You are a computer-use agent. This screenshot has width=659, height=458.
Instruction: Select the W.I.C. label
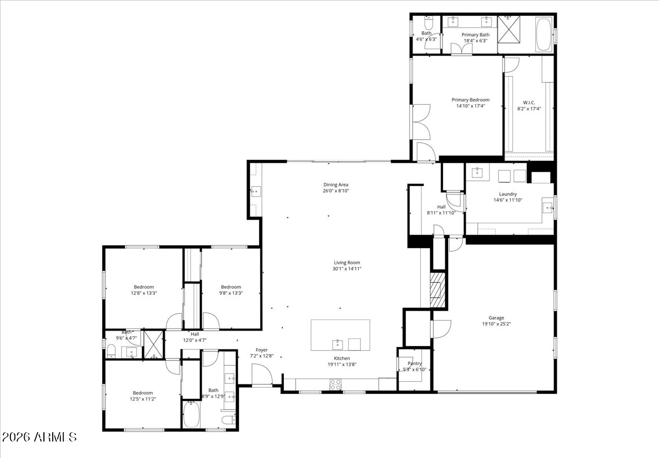[x=529, y=102]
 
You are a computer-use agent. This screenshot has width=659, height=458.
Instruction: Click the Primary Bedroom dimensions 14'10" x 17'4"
[x=470, y=106]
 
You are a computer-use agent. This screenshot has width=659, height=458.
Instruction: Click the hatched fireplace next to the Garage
[x=437, y=289]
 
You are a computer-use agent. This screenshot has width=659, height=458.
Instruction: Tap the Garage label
[x=496, y=317]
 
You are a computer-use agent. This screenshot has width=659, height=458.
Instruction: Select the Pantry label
[x=414, y=364]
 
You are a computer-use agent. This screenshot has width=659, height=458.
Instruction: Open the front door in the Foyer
[x=262, y=376]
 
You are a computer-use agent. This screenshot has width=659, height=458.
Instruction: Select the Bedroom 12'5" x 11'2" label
[x=142, y=393]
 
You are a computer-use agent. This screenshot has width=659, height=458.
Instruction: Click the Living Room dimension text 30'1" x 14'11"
[x=347, y=269]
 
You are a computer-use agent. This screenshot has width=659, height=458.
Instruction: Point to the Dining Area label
[x=336, y=185]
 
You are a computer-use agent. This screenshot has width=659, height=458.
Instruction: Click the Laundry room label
[x=507, y=194]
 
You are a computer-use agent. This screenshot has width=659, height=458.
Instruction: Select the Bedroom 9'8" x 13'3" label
[x=231, y=287]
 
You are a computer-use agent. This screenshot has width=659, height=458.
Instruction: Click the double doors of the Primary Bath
[x=461, y=49]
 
